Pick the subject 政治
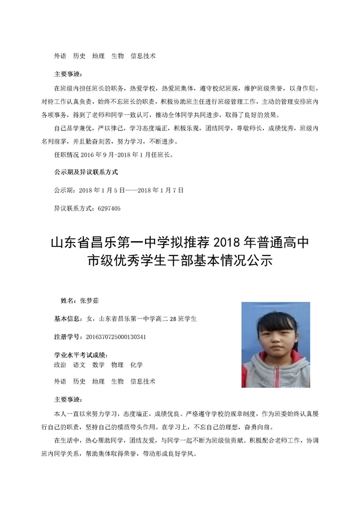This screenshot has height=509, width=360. coord(60,364)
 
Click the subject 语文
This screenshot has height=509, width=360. coord(79,364)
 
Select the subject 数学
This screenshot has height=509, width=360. coord(98,364)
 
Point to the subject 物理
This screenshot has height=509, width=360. coord(117,364)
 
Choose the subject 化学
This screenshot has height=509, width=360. coord(136,364)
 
